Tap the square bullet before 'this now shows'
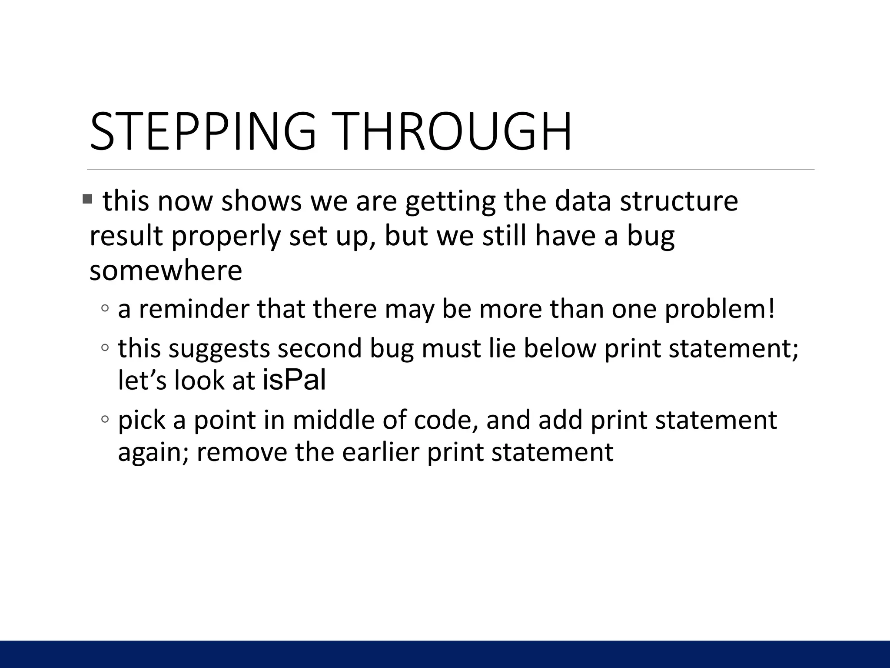87,200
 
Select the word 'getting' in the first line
450,202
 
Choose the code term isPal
294,380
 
